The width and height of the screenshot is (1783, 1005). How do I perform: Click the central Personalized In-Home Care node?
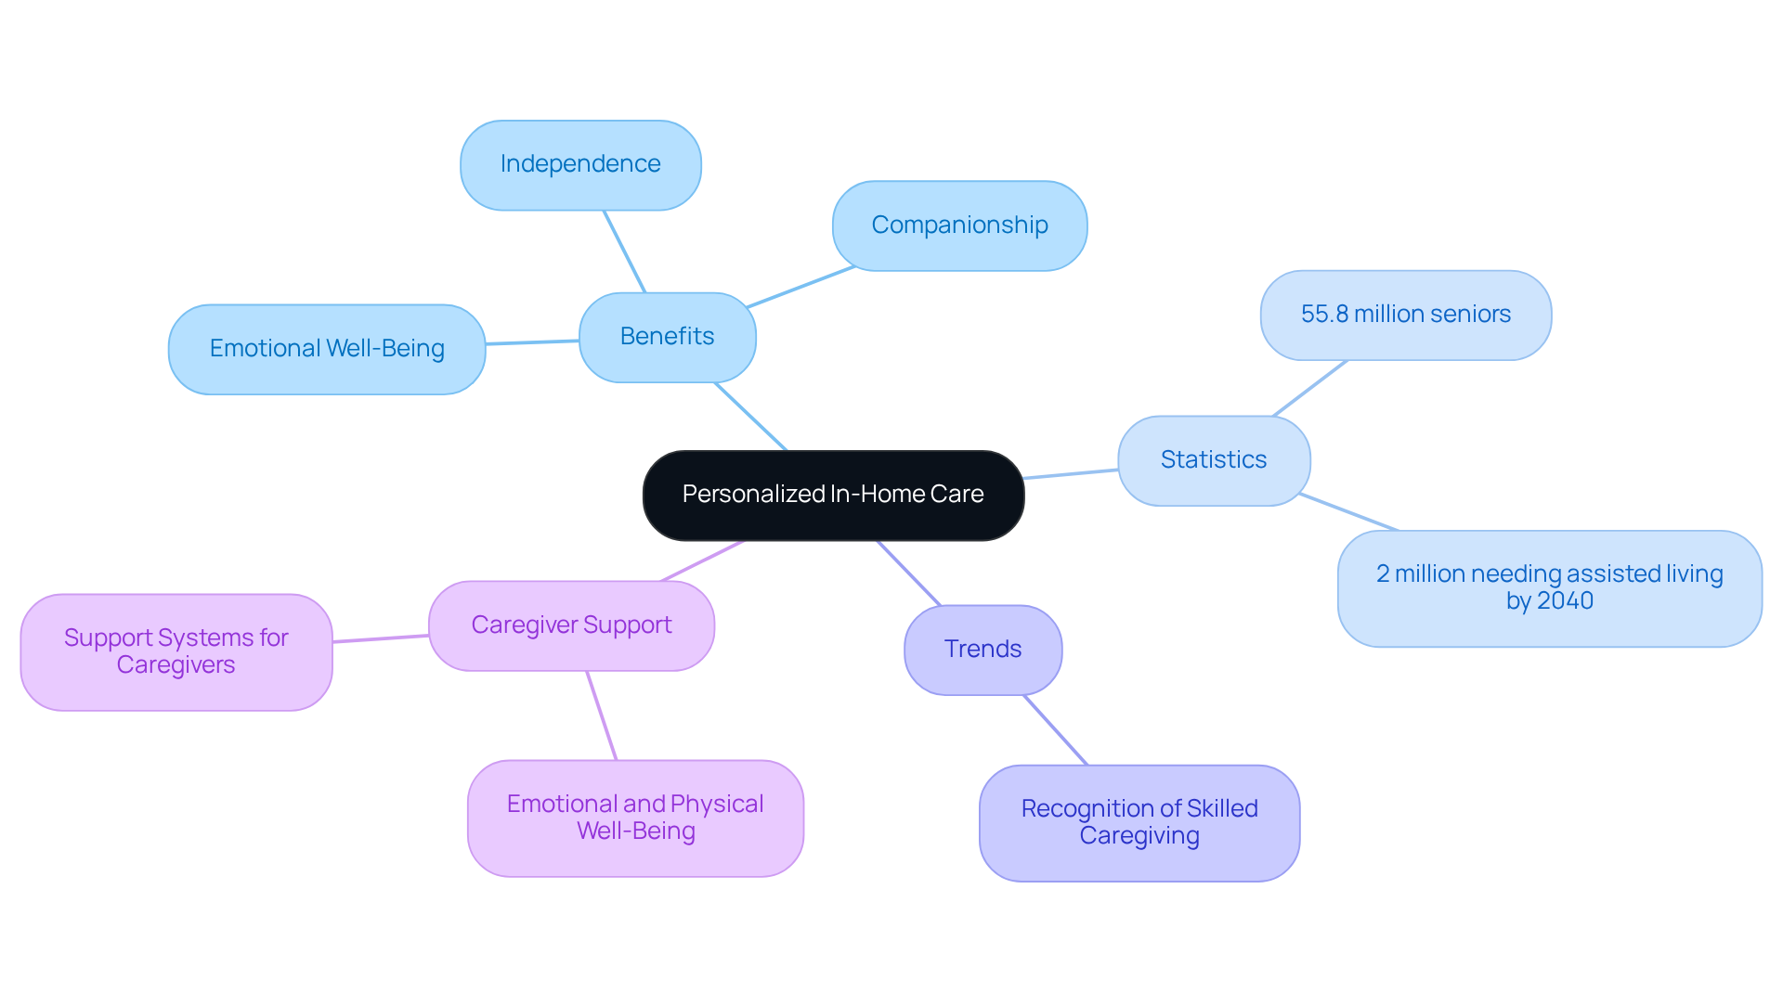(x=833, y=495)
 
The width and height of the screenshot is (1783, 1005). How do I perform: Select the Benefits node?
(x=667, y=337)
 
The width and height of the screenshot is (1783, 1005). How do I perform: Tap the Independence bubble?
(x=580, y=164)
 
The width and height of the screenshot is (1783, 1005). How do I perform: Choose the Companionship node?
(x=959, y=225)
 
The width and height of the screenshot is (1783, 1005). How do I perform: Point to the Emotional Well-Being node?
(x=327, y=349)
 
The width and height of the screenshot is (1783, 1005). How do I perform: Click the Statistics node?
(x=1213, y=460)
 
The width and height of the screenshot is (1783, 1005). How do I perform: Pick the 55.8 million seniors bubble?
(x=1405, y=315)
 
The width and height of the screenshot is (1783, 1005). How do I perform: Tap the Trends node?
(x=983, y=650)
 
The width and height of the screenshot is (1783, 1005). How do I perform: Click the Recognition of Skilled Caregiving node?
(x=1139, y=822)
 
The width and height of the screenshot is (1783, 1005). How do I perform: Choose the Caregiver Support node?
(x=571, y=625)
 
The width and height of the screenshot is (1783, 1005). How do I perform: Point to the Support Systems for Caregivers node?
(x=176, y=651)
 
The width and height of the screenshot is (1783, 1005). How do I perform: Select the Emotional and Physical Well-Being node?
(x=635, y=818)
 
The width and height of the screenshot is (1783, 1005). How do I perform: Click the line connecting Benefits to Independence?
(x=624, y=251)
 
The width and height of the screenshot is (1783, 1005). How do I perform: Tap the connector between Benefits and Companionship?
(x=800, y=287)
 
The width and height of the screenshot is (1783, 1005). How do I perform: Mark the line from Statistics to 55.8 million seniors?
(x=1309, y=388)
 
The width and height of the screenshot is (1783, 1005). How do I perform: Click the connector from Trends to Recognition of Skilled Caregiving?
(x=1055, y=729)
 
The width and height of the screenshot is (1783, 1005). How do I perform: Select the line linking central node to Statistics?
(x=1071, y=474)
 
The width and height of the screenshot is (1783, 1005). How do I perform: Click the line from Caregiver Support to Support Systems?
(x=381, y=638)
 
